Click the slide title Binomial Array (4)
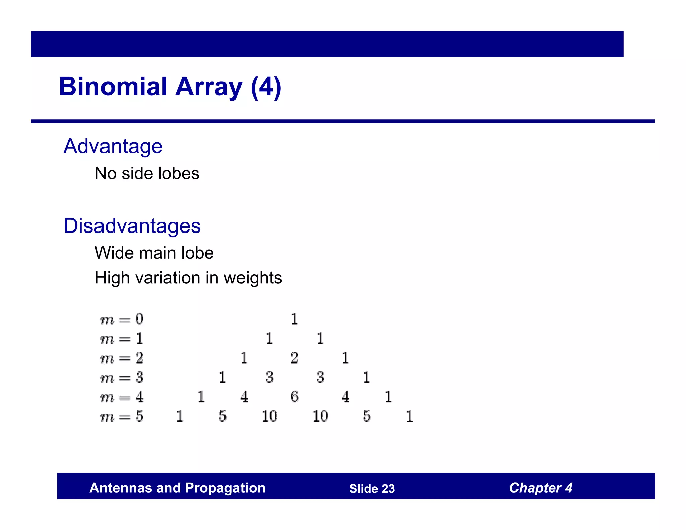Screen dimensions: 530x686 point(170,87)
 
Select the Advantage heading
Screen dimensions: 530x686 point(113,146)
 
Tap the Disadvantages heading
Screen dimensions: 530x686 point(132,225)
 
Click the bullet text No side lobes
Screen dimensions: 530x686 point(147,173)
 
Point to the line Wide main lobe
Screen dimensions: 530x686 point(154,253)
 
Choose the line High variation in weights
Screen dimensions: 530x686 point(188,278)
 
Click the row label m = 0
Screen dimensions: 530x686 point(122,319)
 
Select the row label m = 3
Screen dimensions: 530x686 point(122,378)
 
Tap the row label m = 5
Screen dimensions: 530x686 point(122,417)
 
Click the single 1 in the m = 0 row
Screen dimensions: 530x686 point(294,319)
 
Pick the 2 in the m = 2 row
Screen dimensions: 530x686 point(294,358)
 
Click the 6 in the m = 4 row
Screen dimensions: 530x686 point(294,397)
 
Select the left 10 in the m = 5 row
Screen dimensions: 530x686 point(269,416)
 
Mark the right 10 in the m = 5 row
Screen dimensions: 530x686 point(320,416)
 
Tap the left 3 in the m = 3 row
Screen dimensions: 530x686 point(269,378)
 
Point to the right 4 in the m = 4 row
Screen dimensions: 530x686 point(345,397)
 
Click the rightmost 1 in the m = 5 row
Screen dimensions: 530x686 point(409,416)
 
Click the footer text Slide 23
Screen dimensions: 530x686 point(372,489)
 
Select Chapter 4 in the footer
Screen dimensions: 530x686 point(541,488)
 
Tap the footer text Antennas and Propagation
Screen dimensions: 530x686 point(177,488)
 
